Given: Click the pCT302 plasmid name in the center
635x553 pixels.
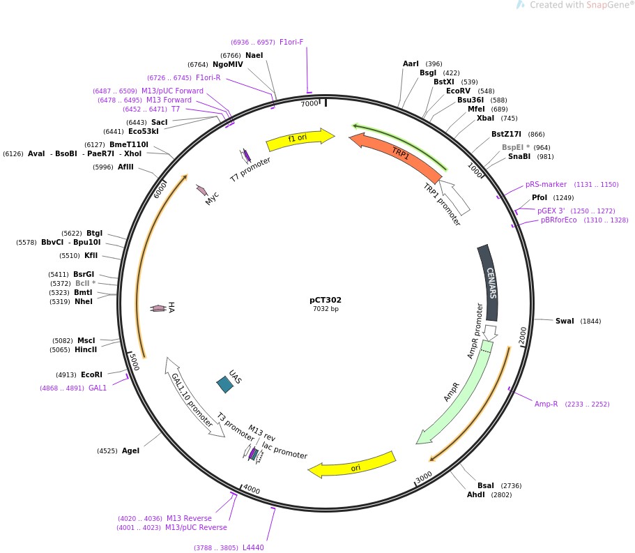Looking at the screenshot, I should click(326, 301).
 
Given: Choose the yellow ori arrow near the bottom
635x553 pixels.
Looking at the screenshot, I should click(352, 466).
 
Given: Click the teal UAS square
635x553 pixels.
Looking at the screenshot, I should click(225, 384).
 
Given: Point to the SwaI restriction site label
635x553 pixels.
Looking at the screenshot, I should click(565, 321).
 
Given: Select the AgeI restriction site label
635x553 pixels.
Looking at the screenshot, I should click(130, 450).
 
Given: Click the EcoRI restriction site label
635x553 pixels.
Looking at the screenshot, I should click(91, 374).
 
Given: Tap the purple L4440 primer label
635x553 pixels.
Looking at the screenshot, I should click(253, 547).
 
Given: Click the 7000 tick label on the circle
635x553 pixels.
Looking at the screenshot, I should click(309, 104).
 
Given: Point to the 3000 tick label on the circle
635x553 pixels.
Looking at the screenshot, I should click(424, 477).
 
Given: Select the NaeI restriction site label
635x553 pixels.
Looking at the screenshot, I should click(254, 55).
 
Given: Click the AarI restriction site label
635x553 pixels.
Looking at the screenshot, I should click(411, 64).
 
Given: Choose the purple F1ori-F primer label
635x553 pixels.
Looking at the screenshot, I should click(291, 42).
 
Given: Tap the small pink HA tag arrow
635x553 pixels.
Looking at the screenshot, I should click(159, 308).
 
